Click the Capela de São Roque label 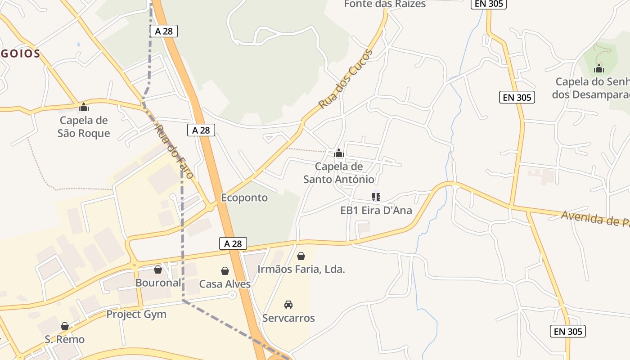pos(84,127)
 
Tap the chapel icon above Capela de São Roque pos(84,107)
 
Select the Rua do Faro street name pos(174,151)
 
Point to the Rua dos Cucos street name pos(346,79)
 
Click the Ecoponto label pos(244,198)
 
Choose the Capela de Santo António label pos(339,173)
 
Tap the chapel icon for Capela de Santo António pos(339,153)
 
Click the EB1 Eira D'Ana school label pos(376,210)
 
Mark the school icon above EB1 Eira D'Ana pos(376,197)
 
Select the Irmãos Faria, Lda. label pos(301,270)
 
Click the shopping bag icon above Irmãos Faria pos(301,256)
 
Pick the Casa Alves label pos(225,284)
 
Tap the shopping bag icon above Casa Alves pos(225,271)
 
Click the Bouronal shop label pos(158,283)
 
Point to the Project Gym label pos(136,314)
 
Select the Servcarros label pos(288,318)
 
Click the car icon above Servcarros pos(288,305)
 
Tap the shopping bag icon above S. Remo pos(65,326)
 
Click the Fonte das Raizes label pos(385,4)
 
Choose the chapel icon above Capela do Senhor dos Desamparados pos(599,68)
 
